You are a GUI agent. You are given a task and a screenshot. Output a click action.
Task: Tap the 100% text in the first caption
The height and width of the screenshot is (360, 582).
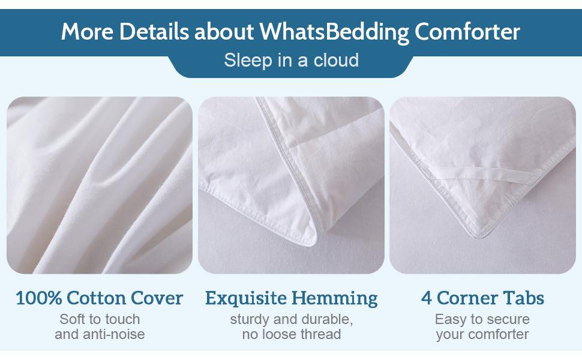click(x=37, y=298)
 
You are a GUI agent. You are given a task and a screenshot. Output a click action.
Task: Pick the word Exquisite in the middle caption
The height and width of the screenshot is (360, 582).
click(x=246, y=298)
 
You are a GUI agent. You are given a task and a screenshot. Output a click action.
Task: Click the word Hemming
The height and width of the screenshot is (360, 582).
click(x=335, y=298)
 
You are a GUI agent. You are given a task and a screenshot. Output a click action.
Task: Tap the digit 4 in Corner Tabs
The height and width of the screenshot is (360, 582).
click(x=425, y=298)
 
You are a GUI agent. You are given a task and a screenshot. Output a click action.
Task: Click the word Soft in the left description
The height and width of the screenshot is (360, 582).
click(x=73, y=319)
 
